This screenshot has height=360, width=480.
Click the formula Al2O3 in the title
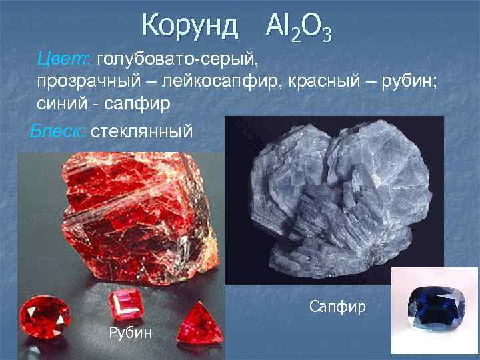click(x=298, y=27)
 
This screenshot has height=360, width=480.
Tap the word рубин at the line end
click(x=407, y=81)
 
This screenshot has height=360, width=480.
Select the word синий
click(x=61, y=104)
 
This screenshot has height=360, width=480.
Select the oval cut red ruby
click(x=45, y=317)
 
